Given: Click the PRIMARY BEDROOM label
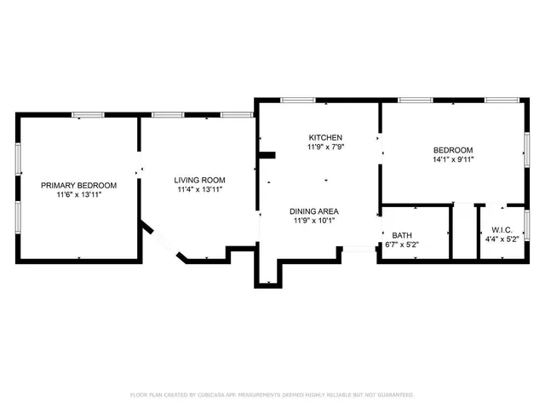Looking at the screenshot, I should point(79,185).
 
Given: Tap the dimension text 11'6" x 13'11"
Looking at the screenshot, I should point(79,195).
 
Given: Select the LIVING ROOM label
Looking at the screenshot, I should point(199,180).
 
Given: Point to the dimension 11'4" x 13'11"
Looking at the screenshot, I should point(199,190).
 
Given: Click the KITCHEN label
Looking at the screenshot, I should point(325,137).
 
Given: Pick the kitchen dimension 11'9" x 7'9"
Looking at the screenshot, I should point(325,147).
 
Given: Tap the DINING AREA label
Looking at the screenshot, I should point(314,211).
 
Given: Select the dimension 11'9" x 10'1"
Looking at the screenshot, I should point(314,222).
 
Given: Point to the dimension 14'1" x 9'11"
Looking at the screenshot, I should point(453,158).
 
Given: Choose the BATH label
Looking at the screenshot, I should point(402,234).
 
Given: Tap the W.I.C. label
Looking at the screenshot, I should point(501,229).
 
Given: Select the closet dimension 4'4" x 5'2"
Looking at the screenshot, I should point(501,239).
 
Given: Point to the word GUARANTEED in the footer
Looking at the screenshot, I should point(394,395).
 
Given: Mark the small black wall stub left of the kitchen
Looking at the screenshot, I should point(267,155).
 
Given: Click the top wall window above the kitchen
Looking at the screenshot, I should point(293,101).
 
